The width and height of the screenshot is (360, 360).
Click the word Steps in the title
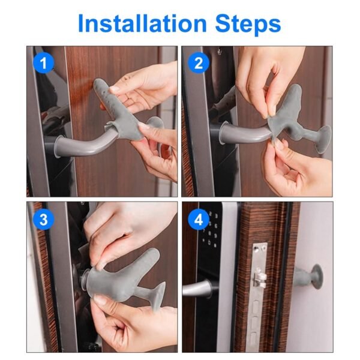[x=245, y=24]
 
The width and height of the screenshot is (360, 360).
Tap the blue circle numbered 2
[x=199, y=62]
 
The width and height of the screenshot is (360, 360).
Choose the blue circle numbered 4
[x=199, y=220]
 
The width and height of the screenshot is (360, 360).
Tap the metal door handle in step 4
[x=198, y=289]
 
